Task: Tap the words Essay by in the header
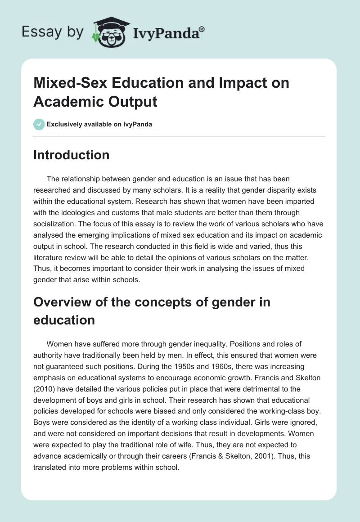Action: pyautogui.click(x=53, y=31)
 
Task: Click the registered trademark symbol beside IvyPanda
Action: pyautogui.click(x=202, y=29)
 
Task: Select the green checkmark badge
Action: pyautogui.click(x=39, y=124)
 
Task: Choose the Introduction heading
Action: pyautogui.click(x=71, y=155)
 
